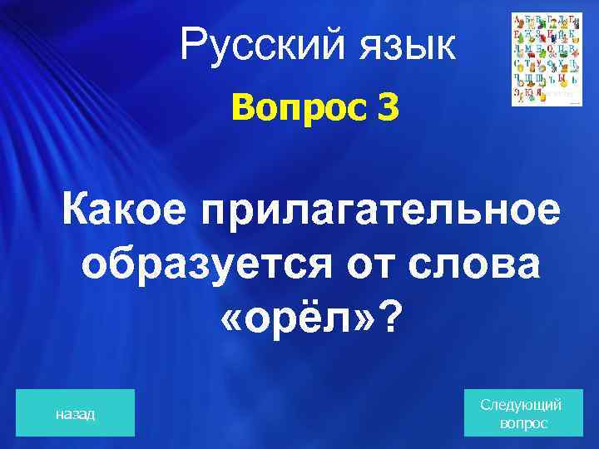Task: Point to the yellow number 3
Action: pos(387,107)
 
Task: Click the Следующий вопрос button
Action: pos(522,413)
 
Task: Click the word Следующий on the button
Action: pos(522,405)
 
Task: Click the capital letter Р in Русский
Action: pos(191,44)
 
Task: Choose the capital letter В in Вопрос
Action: pos(243,107)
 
